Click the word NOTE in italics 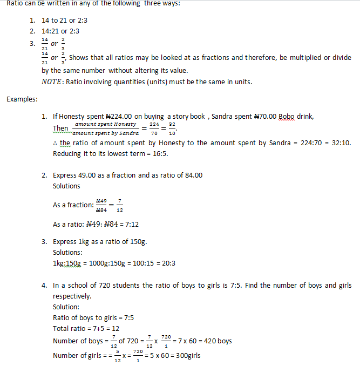coord(52,82)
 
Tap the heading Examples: coord(22,99)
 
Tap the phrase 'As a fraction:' coord(73,205)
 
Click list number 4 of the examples coord(44,285)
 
